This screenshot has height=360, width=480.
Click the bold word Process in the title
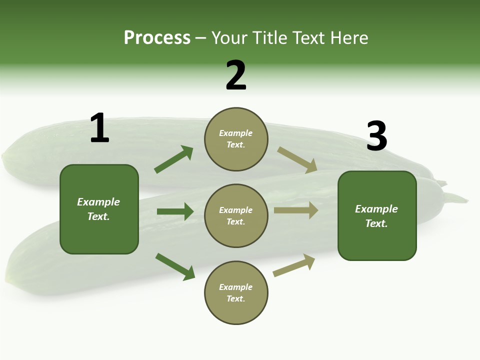[x=157, y=38]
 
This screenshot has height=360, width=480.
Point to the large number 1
[x=99, y=128]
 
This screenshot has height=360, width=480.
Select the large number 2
[x=236, y=75]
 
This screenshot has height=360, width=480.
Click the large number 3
[x=376, y=136]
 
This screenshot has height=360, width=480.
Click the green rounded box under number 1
[x=99, y=209]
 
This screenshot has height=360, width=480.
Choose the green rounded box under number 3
[x=377, y=216]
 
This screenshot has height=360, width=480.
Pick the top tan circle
[x=236, y=139]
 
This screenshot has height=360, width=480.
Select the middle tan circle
[x=236, y=216]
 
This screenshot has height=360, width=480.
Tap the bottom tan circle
[x=236, y=293]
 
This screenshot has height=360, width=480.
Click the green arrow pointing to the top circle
[x=174, y=159]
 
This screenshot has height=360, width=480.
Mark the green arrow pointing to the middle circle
[x=175, y=211]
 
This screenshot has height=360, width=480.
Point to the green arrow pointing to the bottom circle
[x=175, y=266]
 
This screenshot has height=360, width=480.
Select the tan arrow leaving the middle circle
[x=296, y=210]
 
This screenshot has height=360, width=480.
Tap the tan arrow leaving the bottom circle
[x=294, y=265]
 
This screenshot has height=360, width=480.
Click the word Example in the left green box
[x=98, y=202]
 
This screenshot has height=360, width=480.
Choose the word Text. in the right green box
[x=376, y=223]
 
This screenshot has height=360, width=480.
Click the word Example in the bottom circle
[x=236, y=287]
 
